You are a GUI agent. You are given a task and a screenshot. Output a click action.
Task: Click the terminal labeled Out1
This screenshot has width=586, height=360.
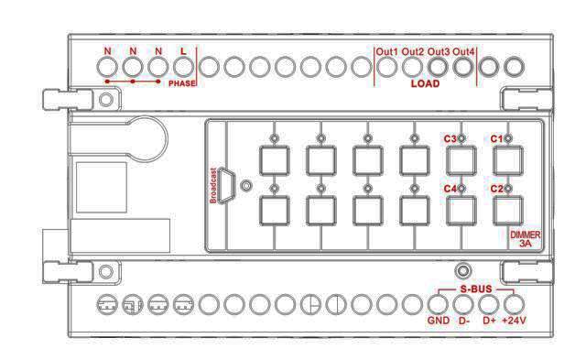[x=386, y=67]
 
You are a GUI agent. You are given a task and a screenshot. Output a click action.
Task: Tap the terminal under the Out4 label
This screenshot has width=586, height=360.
[x=463, y=67]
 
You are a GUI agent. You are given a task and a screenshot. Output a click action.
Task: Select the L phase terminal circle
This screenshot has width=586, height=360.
[x=183, y=67]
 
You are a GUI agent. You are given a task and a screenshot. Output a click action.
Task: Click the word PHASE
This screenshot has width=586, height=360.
[x=182, y=83]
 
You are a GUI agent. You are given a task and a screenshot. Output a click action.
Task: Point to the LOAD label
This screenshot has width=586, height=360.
[x=425, y=83]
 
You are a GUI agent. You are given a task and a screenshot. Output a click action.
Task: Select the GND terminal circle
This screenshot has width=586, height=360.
[x=438, y=304]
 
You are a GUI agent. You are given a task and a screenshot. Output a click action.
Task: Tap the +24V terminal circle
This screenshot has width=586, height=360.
[x=515, y=304]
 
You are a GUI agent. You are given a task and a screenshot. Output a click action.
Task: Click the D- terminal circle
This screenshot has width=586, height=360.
[x=463, y=304]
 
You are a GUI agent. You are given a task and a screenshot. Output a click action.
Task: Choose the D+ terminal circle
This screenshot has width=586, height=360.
[x=489, y=304]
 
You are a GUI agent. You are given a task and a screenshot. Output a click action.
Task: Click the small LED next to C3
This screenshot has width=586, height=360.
[x=461, y=138]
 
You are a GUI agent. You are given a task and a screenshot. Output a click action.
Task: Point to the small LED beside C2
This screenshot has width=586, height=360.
[x=508, y=189]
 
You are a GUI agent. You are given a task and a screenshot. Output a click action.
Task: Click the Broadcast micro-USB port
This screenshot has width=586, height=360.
[x=226, y=185]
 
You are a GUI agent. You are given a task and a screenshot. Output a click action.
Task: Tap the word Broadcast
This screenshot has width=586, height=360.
[x=213, y=185]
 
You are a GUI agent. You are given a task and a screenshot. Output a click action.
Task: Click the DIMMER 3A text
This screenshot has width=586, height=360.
[x=525, y=239]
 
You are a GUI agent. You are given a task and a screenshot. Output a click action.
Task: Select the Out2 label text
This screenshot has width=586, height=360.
[x=413, y=52]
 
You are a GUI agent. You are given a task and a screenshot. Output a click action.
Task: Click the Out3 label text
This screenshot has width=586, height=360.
[x=439, y=52]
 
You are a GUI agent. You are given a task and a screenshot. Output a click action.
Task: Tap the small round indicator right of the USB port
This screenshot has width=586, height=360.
[x=245, y=185]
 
